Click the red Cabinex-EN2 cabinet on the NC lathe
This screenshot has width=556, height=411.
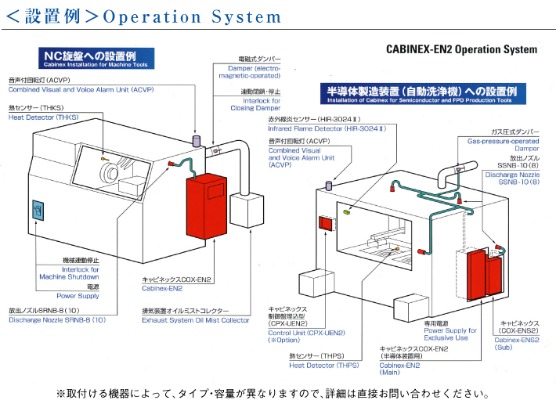point(207,206)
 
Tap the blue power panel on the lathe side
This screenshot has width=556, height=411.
point(38,211)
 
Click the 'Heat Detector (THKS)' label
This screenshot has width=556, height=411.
point(44,117)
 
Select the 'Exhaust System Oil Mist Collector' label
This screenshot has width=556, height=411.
point(196,320)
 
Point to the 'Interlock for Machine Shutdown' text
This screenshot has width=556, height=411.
point(70,273)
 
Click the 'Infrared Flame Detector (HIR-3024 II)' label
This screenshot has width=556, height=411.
point(327,128)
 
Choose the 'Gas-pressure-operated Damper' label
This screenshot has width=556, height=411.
point(504,145)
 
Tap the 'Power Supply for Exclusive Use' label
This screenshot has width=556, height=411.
point(450,334)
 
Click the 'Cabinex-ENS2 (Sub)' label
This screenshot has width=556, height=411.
point(517,344)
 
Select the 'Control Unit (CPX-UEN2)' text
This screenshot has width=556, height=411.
point(307,333)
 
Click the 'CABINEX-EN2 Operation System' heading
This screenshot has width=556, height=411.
point(462,49)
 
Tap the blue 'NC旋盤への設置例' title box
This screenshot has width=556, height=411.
point(96,58)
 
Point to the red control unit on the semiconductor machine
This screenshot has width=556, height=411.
point(327,223)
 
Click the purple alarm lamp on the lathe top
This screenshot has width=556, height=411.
point(196,140)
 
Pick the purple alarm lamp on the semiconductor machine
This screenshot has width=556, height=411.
point(329,186)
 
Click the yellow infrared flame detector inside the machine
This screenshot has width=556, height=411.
point(346,211)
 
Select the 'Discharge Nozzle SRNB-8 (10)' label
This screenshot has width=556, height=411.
point(57,320)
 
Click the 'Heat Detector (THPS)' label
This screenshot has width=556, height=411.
point(324,366)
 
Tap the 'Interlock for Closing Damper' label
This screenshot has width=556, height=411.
point(255,105)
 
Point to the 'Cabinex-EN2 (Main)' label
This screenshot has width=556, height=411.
point(399,369)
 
